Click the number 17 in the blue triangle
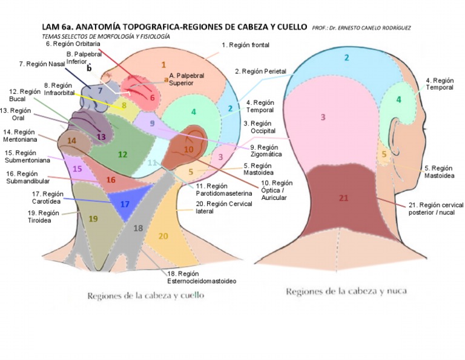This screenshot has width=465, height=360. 125,204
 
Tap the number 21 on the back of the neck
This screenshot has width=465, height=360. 344,198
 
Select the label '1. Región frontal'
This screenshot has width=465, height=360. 245,45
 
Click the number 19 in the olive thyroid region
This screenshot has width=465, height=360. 93,219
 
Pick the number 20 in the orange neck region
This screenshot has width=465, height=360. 163,236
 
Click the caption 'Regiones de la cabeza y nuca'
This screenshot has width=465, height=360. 346,291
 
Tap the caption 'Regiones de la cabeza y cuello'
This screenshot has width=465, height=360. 145,296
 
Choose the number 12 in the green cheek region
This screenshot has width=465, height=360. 122,155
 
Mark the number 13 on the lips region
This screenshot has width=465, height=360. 101,137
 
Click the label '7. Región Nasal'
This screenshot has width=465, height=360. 42,64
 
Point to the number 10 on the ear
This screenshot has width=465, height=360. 188,149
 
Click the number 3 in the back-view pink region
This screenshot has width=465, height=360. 323,117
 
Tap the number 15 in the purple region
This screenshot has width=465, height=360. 77,169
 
